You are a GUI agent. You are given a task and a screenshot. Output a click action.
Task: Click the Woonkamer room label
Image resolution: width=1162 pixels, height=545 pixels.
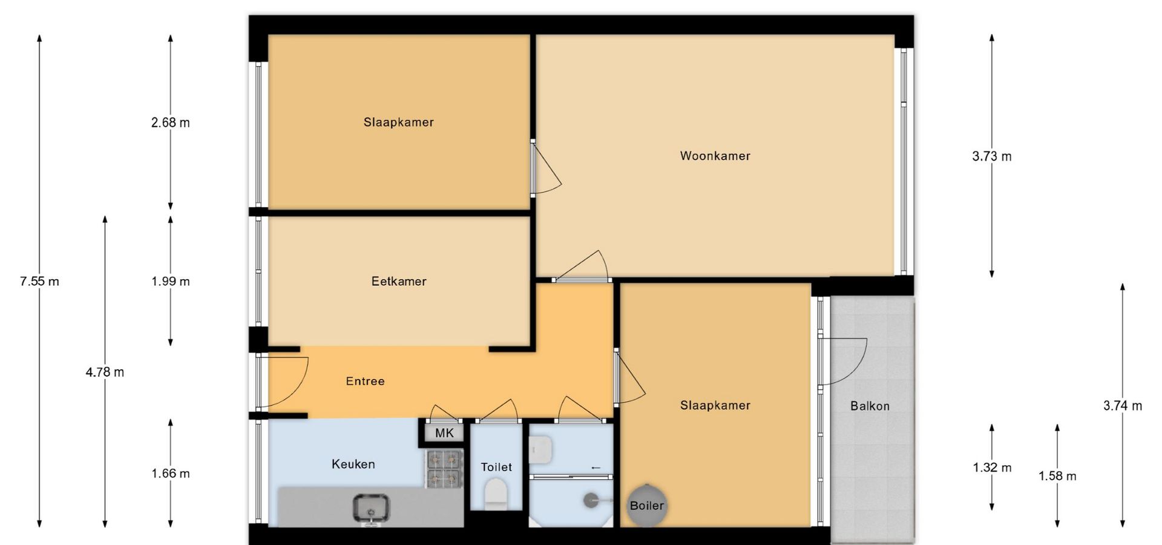pos(715,156)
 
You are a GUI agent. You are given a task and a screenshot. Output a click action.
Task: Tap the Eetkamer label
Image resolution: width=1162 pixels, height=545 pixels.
pos(399,281)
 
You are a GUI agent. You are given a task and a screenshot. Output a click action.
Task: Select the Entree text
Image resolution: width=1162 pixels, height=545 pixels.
pos(365,381)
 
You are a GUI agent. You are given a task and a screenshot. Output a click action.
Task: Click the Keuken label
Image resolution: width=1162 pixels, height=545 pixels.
pos(353,464)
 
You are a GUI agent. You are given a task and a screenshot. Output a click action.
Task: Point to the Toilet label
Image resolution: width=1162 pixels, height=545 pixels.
pos(496,467)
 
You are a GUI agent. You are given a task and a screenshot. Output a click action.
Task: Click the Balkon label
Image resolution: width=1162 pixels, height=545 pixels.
pos(870,406)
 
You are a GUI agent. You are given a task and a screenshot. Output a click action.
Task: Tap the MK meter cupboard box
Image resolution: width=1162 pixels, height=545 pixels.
pos(444,433)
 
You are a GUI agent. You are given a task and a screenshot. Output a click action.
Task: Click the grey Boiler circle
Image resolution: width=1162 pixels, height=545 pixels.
pos(647,505)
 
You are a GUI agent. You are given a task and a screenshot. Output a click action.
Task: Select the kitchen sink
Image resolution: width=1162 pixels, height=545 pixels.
pos(371,507)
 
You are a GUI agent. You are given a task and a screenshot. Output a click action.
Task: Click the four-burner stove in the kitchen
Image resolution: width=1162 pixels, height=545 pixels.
pos(445,469)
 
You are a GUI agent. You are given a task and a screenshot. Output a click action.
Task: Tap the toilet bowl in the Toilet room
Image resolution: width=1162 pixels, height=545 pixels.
pos(496,493)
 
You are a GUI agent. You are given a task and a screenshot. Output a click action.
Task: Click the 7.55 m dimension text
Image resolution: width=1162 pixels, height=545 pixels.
pos(39,281)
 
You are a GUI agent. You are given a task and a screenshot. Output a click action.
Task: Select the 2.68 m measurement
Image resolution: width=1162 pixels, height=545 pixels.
pos(170,122)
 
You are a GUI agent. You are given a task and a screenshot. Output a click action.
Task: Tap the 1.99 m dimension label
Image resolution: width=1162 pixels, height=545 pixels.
pos(170,281)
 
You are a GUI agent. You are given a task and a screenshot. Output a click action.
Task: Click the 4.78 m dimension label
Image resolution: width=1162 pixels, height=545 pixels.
pos(105,372)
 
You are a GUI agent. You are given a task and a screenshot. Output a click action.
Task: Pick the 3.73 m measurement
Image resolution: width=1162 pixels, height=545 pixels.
pos(991,156)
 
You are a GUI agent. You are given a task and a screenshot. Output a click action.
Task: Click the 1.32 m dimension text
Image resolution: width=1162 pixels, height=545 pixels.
pos(992,467)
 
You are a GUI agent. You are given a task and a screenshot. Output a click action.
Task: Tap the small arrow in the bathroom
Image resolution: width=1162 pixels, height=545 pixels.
pos(596,467)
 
